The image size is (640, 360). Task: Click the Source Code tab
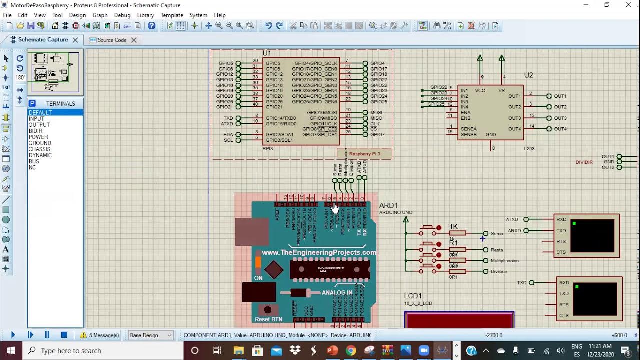[112, 40]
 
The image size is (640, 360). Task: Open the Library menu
[145, 15]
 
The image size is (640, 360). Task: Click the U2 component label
[528, 75]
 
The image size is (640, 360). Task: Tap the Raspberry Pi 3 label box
[364, 154]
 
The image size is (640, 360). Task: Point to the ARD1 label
[388, 205]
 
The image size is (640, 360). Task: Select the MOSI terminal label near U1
[376, 113]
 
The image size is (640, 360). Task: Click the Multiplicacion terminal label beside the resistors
[504, 261]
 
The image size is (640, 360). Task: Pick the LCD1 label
[413, 296]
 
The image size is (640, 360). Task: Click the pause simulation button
[47, 335]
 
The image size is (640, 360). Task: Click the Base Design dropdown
[150, 335]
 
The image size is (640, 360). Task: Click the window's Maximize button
[607, 5]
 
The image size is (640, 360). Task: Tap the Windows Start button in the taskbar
[11, 350]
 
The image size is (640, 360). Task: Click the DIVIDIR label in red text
[584, 162]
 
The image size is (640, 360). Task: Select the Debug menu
[122, 15]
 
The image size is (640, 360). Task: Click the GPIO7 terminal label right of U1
[377, 134]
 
